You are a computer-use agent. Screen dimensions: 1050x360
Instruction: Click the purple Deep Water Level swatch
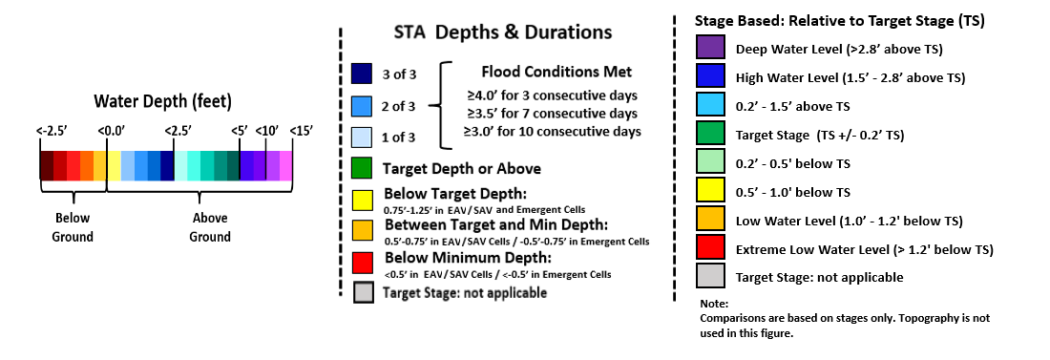click(x=710, y=49)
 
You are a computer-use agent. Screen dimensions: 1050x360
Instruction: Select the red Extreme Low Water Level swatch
click(x=710, y=247)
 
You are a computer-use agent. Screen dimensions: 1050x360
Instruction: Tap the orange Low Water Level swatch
click(x=710, y=220)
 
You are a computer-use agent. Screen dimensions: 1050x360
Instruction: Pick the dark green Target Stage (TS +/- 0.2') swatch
click(x=710, y=134)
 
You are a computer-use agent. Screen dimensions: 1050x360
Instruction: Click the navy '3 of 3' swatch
click(x=362, y=74)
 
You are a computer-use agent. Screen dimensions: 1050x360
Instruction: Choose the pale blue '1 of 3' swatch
click(x=362, y=137)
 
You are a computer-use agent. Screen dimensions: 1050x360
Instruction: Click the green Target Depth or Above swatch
click(x=362, y=168)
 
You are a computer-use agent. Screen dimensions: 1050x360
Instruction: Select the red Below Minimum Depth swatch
click(x=362, y=263)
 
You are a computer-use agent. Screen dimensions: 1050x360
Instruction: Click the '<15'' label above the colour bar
click(x=302, y=131)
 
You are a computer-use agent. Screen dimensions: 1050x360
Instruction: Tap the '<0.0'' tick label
click(x=108, y=131)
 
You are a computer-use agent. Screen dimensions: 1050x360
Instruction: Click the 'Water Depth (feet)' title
click(x=162, y=102)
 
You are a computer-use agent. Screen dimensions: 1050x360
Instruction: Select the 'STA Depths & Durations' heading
click(x=501, y=32)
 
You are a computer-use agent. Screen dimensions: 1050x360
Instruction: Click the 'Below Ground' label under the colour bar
click(x=73, y=227)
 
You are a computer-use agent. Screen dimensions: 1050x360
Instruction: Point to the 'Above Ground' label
click(x=210, y=227)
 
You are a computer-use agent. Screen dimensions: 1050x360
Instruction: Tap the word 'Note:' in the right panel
click(x=714, y=304)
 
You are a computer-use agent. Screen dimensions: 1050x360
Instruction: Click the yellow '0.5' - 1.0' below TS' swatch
click(x=710, y=191)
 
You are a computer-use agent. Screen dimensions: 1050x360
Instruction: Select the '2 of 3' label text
click(x=399, y=106)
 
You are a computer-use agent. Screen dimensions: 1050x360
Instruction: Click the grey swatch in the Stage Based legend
click(x=710, y=276)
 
